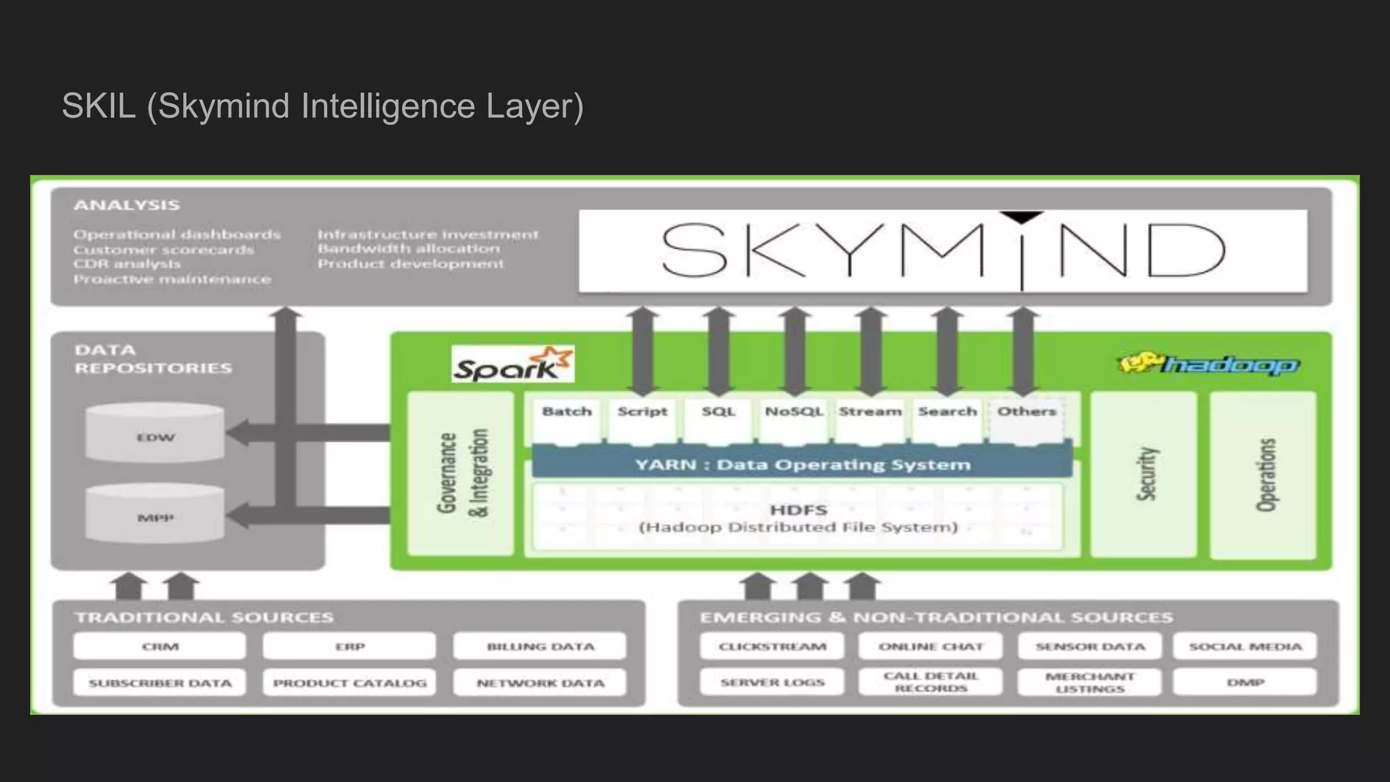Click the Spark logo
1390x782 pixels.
pos(512,365)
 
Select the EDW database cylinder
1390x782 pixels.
pos(155,432)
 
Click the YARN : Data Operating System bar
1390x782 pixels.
pos(802,464)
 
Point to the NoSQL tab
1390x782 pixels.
pos(793,412)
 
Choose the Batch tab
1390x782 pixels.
pos(567,412)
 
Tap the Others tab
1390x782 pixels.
pos(1026,412)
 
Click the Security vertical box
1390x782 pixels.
pos(1144,474)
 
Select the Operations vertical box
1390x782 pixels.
pos(1264,474)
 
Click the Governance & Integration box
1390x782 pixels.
pos(462,474)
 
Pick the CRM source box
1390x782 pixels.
pos(160,646)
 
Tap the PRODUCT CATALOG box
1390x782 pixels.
pos(350,683)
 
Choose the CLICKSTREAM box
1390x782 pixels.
pos(772,646)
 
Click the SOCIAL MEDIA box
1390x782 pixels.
pos(1245,646)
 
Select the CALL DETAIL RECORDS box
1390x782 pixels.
pos(931,682)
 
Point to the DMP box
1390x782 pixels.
pos(1245,682)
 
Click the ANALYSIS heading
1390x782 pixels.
pos(127,205)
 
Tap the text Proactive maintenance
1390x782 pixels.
pos(172,279)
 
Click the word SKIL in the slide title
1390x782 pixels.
pos(99,107)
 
